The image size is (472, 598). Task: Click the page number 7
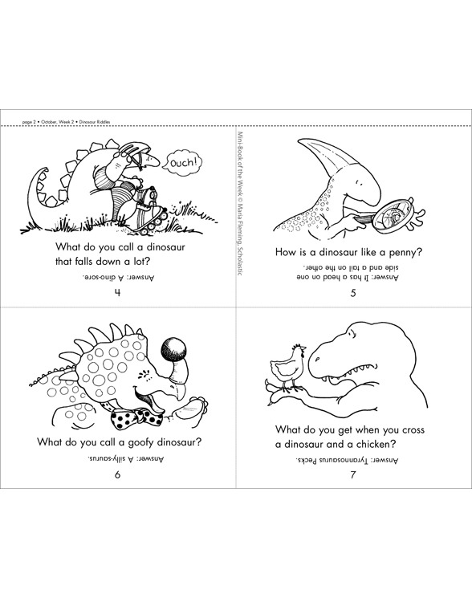click(353, 474)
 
